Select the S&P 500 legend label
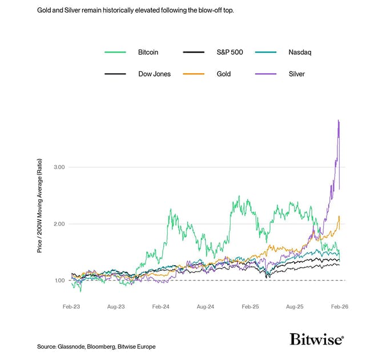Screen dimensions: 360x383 coord(229,53)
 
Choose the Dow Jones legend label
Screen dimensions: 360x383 coord(154,74)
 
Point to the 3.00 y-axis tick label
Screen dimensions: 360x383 coord(60,167)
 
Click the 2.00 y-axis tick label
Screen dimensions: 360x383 coord(60,224)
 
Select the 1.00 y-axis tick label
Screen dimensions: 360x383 coord(60,281)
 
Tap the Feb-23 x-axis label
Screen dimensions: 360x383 coord(71,307)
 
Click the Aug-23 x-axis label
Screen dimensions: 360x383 coord(116,307)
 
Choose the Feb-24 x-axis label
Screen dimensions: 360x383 coord(162,307)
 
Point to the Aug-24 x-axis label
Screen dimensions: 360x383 coord(206,307)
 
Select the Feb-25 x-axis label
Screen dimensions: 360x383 coord(251,307)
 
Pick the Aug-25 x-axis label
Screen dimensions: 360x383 coord(295,307)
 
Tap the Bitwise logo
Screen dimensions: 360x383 coord(317,339)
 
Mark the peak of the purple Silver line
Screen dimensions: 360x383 coord(338,120)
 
